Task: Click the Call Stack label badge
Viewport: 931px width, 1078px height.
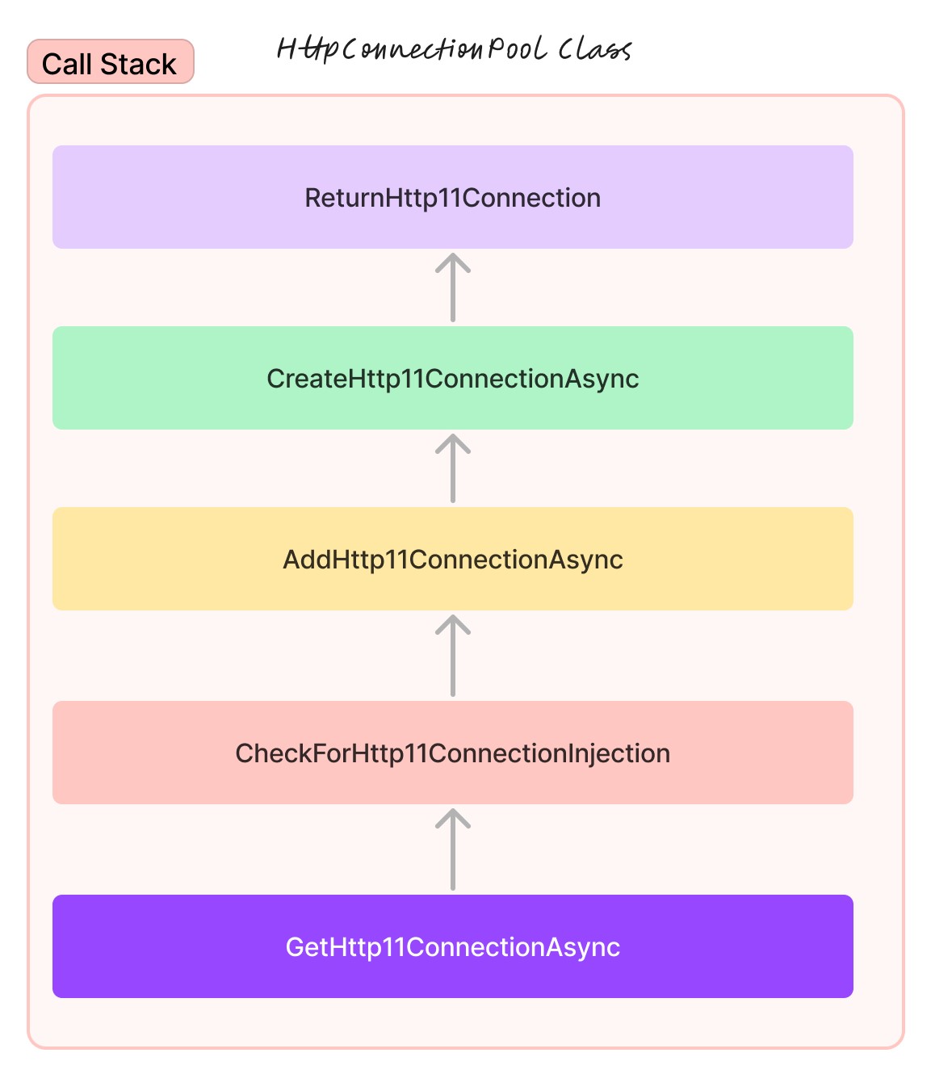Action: pyautogui.click(x=111, y=62)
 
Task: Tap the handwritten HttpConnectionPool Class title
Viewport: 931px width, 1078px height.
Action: pyautogui.click(x=453, y=49)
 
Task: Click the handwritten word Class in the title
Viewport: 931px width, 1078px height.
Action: pyautogui.click(x=594, y=49)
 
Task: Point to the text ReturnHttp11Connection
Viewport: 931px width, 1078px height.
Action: pyautogui.click(x=452, y=198)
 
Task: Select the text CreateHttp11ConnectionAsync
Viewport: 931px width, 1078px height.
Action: pyautogui.click(x=452, y=379)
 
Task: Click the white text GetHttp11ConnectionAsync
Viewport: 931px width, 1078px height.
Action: pyautogui.click(x=452, y=947)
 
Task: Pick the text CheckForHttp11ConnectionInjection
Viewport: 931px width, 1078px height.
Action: pyautogui.click(x=452, y=753)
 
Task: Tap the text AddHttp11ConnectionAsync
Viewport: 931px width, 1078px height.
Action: pyautogui.click(x=452, y=560)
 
